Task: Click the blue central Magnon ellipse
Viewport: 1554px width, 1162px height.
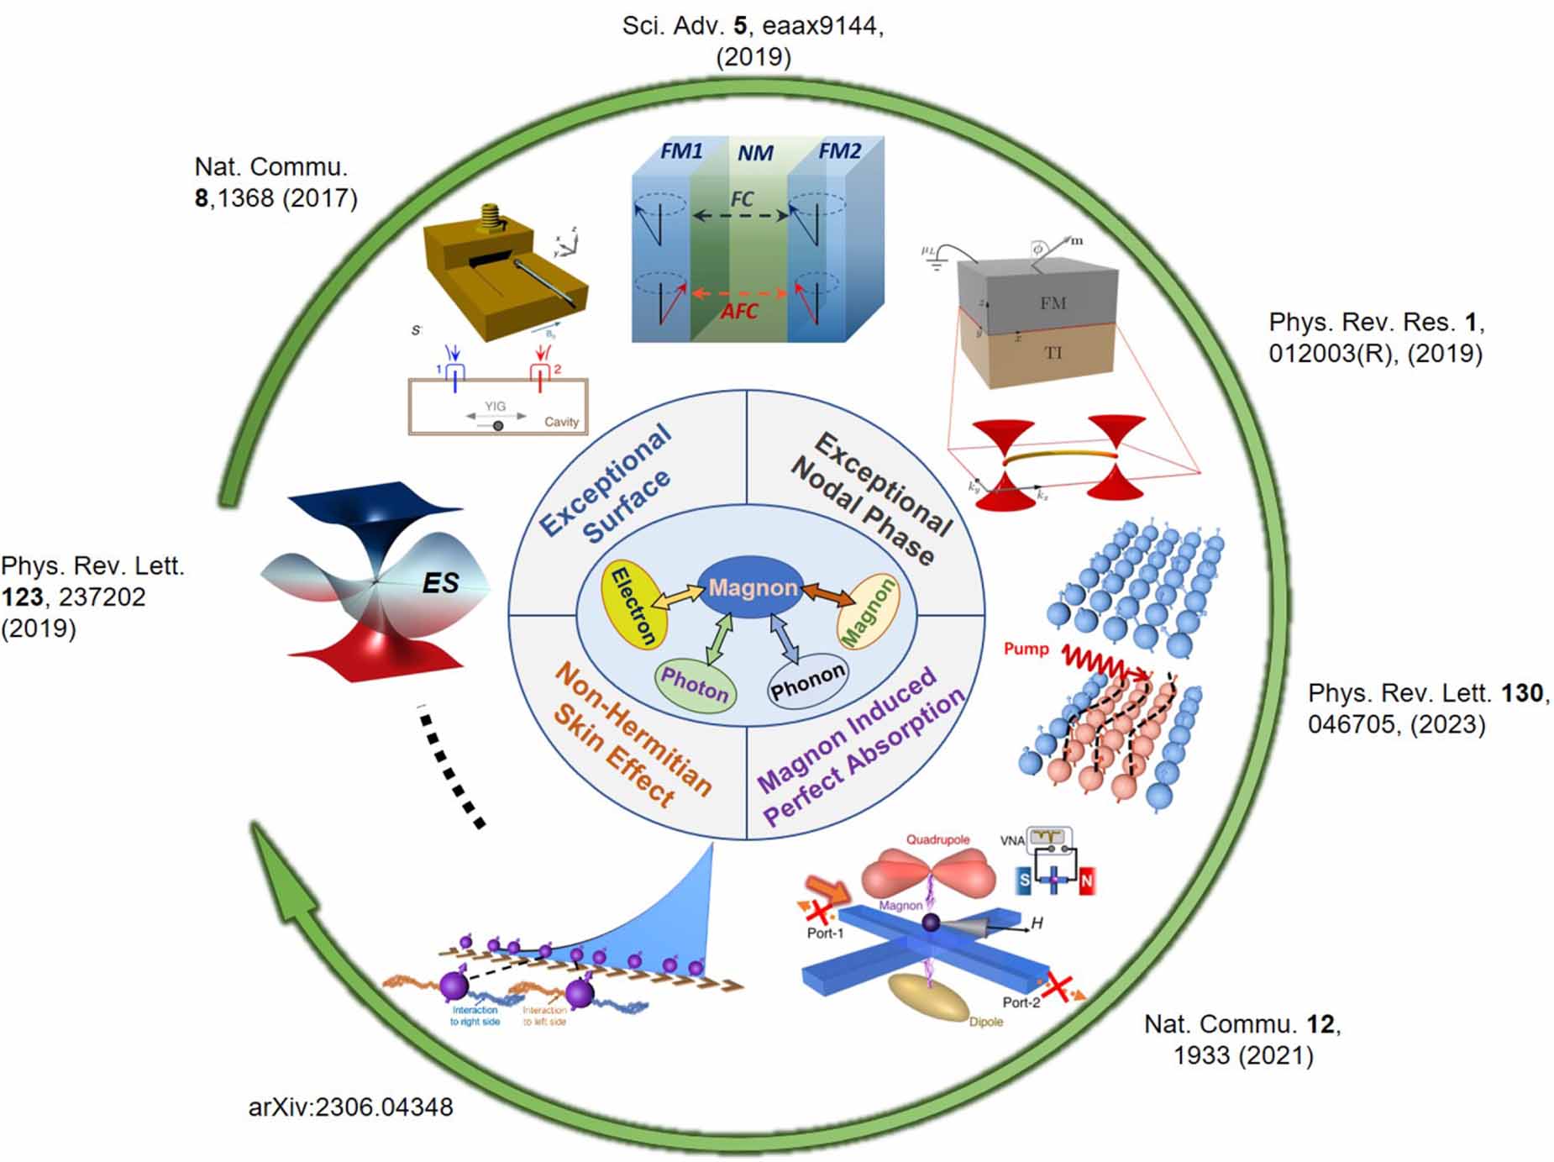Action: (750, 587)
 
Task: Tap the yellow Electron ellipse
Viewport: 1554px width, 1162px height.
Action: (635, 606)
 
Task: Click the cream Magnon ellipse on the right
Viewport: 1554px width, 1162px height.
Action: (868, 613)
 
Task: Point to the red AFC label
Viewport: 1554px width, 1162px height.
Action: (738, 312)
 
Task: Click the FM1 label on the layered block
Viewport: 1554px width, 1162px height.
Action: (681, 151)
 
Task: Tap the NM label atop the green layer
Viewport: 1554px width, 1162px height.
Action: (755, 154)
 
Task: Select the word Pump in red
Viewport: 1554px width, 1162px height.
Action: (1026, 649)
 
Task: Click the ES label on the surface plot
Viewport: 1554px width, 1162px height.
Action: (440, 582)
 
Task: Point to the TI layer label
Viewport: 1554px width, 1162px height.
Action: (1053, 352)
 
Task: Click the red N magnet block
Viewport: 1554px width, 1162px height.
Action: (1086, 881)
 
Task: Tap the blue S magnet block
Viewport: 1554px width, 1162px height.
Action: (1024, 881)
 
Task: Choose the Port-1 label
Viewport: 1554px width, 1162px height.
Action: (825, 933)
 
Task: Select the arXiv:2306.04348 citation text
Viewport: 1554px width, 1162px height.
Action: (350, 1107)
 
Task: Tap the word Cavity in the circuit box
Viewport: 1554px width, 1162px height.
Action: (561, 422)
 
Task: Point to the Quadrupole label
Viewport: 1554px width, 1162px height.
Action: (937, 839)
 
